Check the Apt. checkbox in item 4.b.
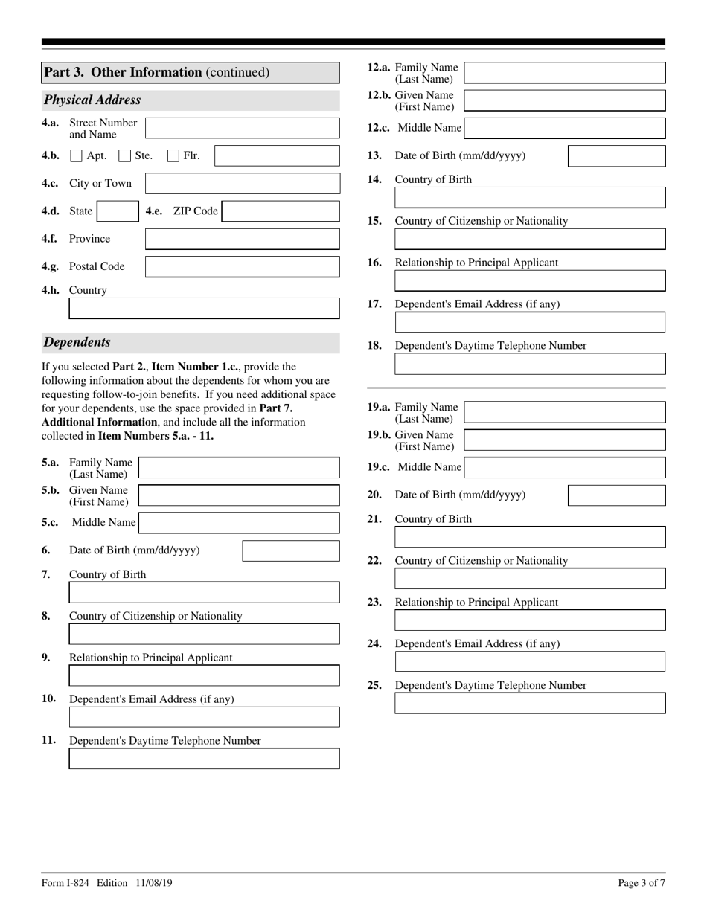click(x=76, y=155)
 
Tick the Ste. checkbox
click(x=125, y=155)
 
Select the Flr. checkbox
click(x=173, y=155)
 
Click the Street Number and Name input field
click(x=242, y=128)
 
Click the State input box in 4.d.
click(x=118, y=211)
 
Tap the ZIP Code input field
click(x=281, y=211)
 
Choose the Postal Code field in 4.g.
click(x=242, y=266)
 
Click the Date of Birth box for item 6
click(x=290, y=550)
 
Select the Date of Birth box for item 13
click(x=616, y=155)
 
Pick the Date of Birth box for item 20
click(x=616, y=495)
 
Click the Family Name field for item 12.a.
click(x=564, y=73)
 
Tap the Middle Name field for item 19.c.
click(x=564, y=467)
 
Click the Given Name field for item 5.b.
click(x=239, y=495)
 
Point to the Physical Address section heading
click(x=92, y=100)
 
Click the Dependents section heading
click(x=77, y=342)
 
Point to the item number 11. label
click(x=48, y=740)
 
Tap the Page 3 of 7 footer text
click(x=642, y=883)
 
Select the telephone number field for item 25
click(x=529, y=703)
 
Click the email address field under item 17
click(x=529, y=322)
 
